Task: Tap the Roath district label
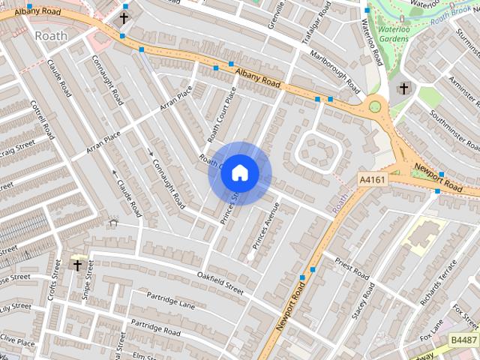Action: tap(50, 35)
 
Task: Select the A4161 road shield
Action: tap(372, 180)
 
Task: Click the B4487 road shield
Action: tap(463, 340)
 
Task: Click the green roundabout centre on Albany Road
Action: tap(374, 107)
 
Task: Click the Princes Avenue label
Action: tap(265, 226)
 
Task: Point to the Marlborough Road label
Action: tap(337, 73)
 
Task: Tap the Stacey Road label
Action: tap(363, 300)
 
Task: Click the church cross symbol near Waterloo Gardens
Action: tap(403, 88)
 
